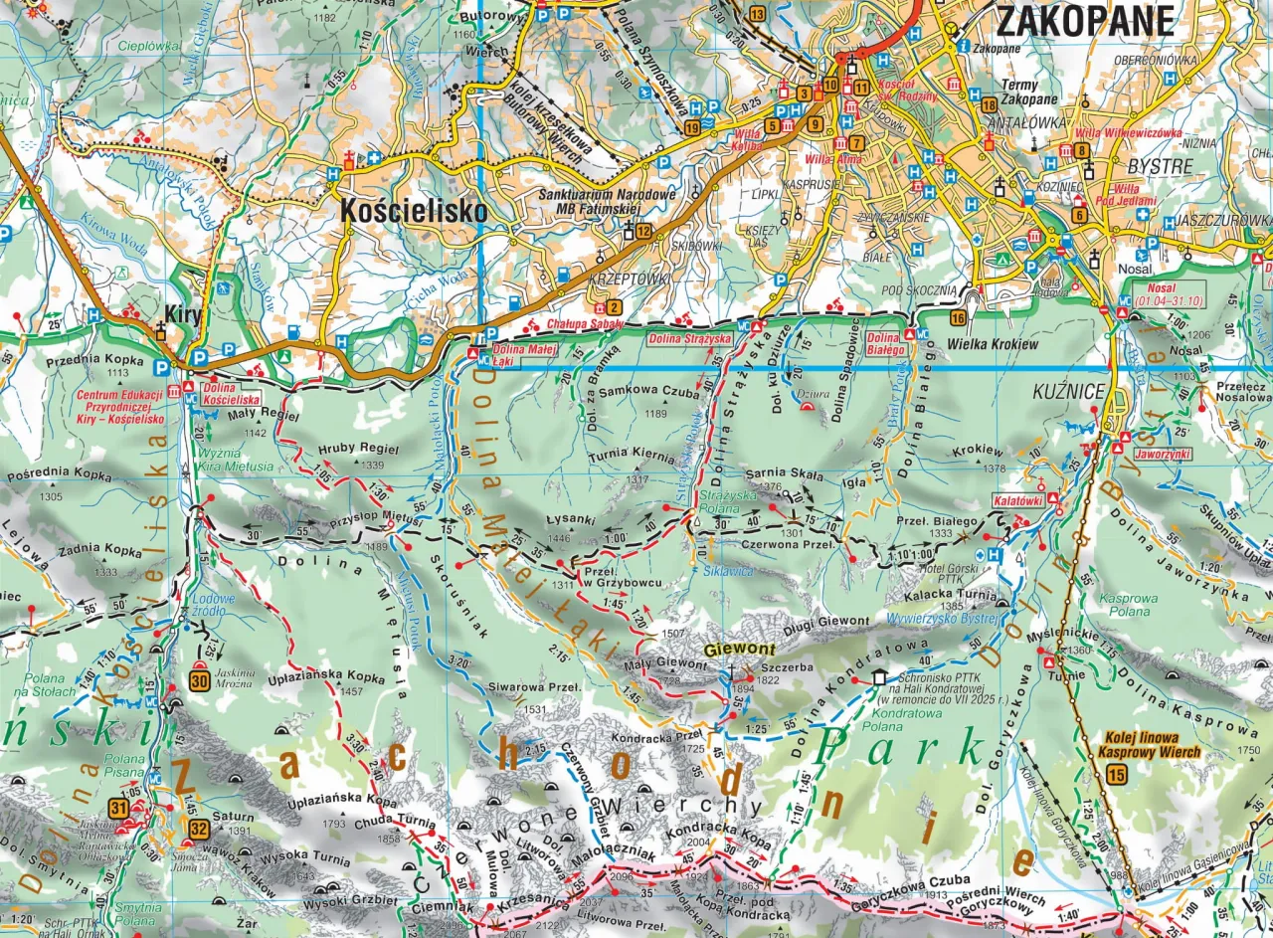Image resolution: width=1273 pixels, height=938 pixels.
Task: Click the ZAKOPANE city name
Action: [1085, 20]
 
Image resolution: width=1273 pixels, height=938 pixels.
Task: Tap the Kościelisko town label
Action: [414, 212]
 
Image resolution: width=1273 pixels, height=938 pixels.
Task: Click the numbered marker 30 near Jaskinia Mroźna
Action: [199, 681]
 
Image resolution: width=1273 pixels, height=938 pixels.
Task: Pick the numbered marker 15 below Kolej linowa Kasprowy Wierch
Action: [1117, 775]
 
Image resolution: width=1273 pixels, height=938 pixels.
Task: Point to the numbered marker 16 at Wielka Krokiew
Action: [958, 318]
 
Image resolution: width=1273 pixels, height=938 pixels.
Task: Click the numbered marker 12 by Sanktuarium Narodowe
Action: [643, 232]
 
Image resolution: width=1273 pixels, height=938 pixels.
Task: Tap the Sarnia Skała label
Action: [784, 473]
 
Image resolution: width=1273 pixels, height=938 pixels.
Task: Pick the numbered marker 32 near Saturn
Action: [198, 828]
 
